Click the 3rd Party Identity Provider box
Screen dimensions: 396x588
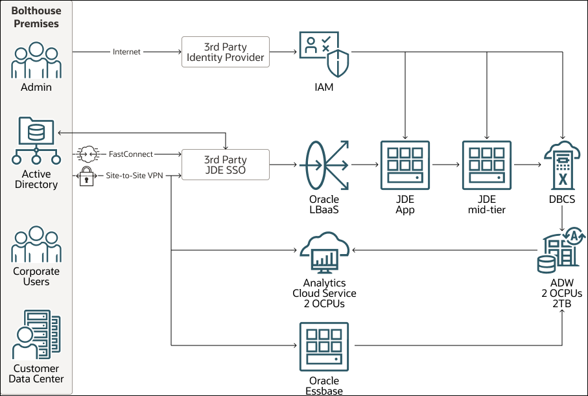pos(225,52)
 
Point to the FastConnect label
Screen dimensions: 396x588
pos(131,154)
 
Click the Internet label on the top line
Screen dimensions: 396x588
pos(126,52)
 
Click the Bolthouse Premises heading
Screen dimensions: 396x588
pos(36,17)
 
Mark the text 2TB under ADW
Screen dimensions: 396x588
pos(561,303)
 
